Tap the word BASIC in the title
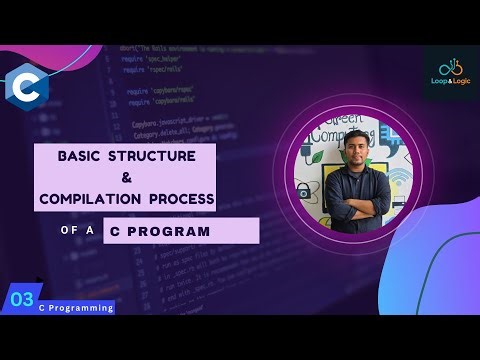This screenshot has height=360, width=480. point(80,157)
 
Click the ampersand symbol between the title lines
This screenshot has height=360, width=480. point(126,178)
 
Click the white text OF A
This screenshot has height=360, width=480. point(76,231)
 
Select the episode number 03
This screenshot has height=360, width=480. point(22,298)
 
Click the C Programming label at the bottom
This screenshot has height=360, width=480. point(75,308)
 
